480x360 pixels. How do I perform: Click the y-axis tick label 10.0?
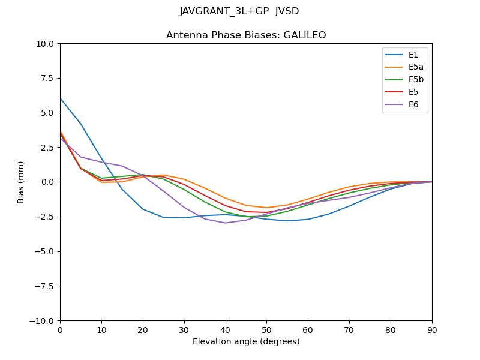pyautogui.click(x=45, y=44)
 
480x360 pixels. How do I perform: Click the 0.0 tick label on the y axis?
pyautogui.click(x=47, y=182)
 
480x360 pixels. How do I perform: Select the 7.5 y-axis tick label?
pyautogui.click(x=47, y=79)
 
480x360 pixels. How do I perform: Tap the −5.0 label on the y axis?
pyautogui.click(x=44, y=251)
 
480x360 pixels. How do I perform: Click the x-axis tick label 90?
pyautogui.click(x=432, y=329)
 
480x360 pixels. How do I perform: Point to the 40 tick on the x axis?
pyautogui.click(x=226, y=329)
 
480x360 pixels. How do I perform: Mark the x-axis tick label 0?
pyautogui.click(x=60, y=329)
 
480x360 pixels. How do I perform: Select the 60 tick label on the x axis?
pyautogui.click(x=308, y=329)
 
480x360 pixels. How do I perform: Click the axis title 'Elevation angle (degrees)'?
pyautogui.click(x=246, y=341)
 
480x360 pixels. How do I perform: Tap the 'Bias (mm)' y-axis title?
pyautogui.click(x=21, y=182)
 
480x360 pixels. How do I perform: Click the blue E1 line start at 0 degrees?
pyautogui.click(x=61, y=98)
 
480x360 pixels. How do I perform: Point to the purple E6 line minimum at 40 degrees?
pyautogui.click(x=226, y=223)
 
